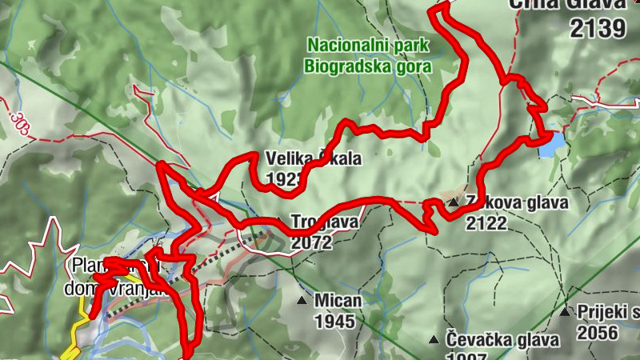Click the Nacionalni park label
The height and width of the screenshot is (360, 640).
369,46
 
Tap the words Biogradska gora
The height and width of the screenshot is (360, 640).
368,66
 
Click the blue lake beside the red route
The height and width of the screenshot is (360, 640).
550,145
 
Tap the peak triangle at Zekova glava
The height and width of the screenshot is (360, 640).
453,203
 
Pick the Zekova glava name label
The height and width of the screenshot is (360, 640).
517,203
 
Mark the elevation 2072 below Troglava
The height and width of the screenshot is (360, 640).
312,242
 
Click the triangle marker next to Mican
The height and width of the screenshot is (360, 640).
302,301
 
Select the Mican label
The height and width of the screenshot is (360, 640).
338,301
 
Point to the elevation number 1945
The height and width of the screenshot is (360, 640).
335,322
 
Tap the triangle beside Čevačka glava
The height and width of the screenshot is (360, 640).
433,339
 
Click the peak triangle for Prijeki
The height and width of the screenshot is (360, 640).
565,311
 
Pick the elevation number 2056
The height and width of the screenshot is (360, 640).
598,331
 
